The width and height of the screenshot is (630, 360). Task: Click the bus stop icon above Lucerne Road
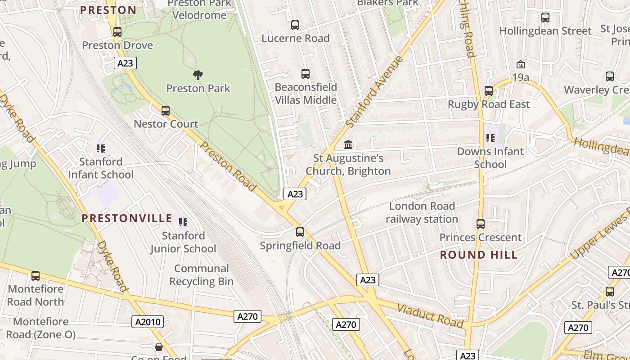[295, 25]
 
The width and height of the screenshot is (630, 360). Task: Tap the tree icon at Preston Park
[198, 75]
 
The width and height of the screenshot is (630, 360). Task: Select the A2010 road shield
[148, 322]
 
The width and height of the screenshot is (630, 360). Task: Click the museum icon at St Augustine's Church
[348, 145]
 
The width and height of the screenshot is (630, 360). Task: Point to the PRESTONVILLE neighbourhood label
[127, 219]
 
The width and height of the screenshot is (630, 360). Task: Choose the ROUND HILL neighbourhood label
[478, 255]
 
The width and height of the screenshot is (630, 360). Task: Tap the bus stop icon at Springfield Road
[300, 232]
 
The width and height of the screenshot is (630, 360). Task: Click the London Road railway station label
[422, 212]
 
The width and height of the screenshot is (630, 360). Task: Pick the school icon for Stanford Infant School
[101, 148]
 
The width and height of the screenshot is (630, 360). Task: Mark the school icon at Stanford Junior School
[183, 222]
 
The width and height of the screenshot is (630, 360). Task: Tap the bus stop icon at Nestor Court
[166, 110]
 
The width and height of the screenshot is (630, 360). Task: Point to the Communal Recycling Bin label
[201, 275]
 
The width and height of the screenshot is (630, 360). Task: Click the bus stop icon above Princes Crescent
[481, 224]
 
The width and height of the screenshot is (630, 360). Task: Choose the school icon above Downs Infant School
[490, 138]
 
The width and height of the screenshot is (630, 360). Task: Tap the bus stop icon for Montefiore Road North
[36, 275]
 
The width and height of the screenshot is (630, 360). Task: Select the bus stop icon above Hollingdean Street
[545, 18]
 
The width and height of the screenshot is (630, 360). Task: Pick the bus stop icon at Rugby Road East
[489, 90]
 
